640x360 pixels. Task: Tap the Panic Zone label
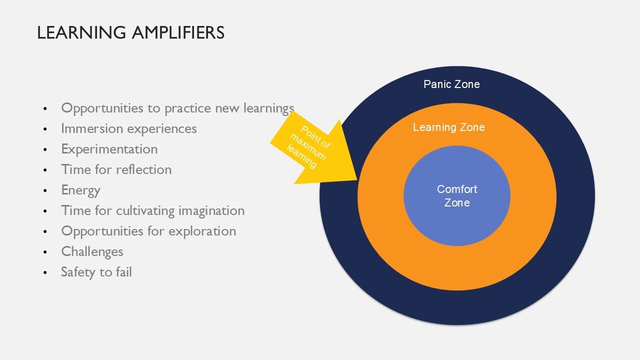click(x=451, y=84)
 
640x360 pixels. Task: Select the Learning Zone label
click(x=448, y=127)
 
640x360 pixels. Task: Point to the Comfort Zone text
click(x=457, y=195)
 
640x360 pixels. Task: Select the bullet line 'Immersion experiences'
click(x=128, y=128)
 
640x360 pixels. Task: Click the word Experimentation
click(x=109, y=149)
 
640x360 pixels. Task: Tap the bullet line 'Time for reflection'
click(x=116, y=169)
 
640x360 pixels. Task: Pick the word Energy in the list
click(x=80, y=190)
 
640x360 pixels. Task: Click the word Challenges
click(x=92, y=251)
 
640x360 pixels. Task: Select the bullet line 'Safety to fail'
click(x=96, y=272)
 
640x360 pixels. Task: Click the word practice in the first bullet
click(x=189, y=108)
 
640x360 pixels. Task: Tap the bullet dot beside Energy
click(x=46, y=191)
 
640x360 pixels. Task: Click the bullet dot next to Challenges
click(x=46, y=252)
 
